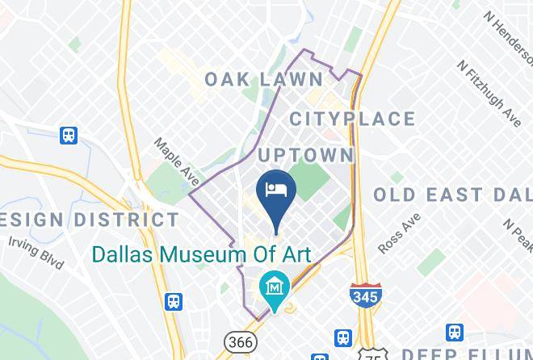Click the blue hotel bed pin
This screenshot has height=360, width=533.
(276, 192)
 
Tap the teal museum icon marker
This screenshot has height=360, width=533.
(276, 286)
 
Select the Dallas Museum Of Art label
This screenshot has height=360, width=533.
(201, 253)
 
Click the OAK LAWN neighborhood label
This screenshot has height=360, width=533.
(263, 79)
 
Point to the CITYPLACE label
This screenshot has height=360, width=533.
(352, 119)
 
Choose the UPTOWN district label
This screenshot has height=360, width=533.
(306, 154)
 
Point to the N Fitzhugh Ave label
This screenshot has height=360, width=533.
(489, 92)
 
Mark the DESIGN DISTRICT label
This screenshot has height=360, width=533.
(88, 220)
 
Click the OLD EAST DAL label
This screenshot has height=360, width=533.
(452, 195)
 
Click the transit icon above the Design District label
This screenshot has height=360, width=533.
(68, 136)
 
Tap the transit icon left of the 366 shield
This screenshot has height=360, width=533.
(173, 301)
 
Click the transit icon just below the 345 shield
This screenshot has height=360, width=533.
(345, 337)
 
